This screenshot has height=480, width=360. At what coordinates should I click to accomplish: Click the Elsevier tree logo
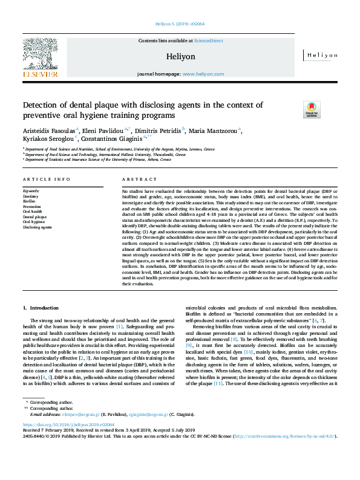pyautogui.click(x=42, y=56)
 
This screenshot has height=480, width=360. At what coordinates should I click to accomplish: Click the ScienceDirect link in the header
pyautogui.click(x=208, y=41)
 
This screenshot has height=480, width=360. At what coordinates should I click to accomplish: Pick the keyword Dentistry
pyautogui.click(x=30, y=196)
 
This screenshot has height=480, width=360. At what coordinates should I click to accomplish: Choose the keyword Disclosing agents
pyautogui.click(x=37, y=227)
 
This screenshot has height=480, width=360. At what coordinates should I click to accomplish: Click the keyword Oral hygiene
pyautogui.click(x=33, y=222)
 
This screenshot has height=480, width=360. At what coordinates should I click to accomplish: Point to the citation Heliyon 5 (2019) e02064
pyautogui.click(x=180, y=25)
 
